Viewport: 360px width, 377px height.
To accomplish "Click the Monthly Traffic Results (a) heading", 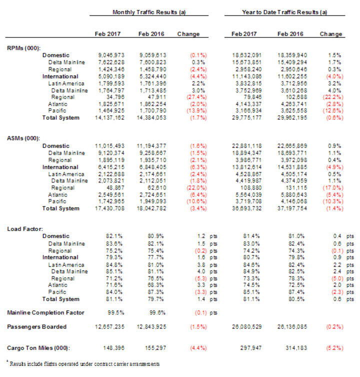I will tap(146, 11).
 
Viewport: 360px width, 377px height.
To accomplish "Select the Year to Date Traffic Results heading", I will tap(284, 11).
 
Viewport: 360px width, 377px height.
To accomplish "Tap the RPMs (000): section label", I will tap(24, 47).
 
